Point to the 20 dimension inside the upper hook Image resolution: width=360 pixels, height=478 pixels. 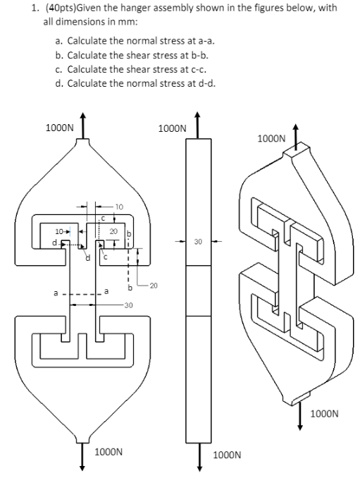113,231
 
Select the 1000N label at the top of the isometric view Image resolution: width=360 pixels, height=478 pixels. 272,139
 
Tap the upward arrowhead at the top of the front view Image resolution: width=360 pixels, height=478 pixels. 85,116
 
